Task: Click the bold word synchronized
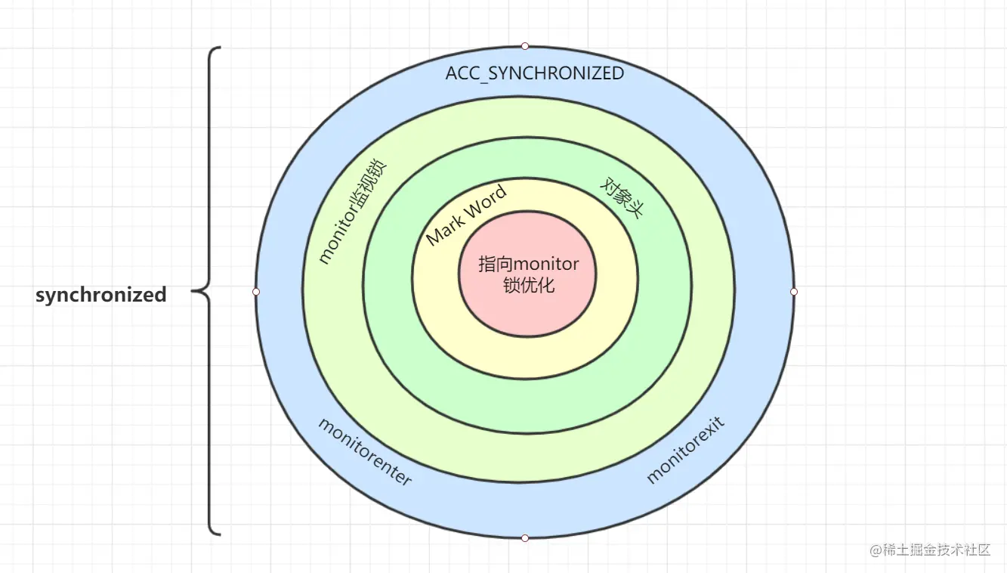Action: coord(101,295)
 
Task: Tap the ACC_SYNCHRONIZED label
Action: coord(535,73)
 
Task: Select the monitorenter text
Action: coord(365,451)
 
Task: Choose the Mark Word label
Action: coord(466,214)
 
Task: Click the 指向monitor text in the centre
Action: coord(529,265)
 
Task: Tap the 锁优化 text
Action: coord(529,286)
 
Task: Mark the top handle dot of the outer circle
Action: coord(525,46)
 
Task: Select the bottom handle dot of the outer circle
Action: coord(525,538)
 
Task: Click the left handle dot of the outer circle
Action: coord(256,291)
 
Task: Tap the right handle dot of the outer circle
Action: coord(794,291)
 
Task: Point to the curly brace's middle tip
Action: coord(193,290)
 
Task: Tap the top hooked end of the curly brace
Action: coord(218,48)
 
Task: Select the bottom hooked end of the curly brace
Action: coord(218,534)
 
